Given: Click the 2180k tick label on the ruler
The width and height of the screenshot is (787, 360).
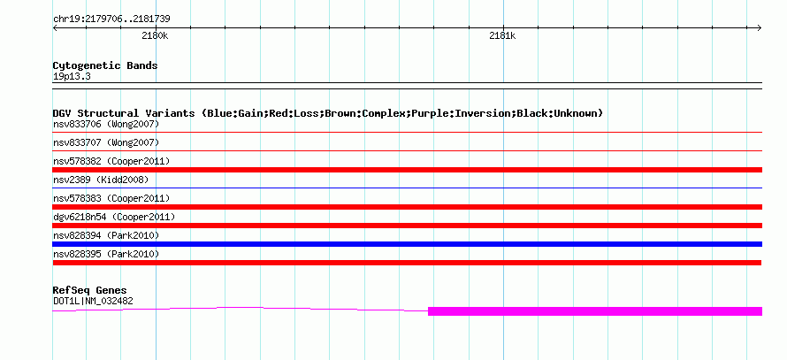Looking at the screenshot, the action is [155, 35].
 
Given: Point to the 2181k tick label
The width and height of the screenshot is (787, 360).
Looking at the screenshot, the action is [502, 35].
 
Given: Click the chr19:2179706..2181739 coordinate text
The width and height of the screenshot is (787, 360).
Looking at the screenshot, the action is [111, 19].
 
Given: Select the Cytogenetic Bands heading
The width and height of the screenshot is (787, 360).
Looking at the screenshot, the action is [105, 65].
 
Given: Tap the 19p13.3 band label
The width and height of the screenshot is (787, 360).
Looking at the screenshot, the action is [72, 77].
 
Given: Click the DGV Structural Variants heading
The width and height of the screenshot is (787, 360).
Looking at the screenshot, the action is [328, 113].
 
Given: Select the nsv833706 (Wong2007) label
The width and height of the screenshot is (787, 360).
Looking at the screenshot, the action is [106, 124].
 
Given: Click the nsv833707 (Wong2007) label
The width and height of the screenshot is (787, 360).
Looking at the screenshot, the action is [106, 142].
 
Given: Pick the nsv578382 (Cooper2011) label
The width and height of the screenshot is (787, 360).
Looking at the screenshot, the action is [111, 161].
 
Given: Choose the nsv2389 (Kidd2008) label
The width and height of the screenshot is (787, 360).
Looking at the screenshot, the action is [101, 180].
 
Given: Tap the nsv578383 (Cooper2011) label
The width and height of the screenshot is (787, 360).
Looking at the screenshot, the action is [111, 198].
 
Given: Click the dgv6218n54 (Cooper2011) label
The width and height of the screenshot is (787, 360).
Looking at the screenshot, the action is [114, 217].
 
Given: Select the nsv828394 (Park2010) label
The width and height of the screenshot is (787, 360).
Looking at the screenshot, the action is [106, 235].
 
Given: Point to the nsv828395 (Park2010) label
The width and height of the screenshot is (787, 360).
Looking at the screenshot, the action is [106, 254].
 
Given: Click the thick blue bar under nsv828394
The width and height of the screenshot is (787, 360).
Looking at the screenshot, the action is [407, 244].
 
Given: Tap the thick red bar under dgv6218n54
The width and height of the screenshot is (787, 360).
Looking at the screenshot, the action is [407, 226].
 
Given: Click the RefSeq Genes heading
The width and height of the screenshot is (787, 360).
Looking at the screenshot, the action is [90, 290].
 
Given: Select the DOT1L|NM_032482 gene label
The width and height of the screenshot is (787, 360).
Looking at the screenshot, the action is [93, 302].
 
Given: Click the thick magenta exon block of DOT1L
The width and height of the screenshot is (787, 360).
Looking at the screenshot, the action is [595, 311].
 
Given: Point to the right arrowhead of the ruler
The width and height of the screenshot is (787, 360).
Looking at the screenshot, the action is [760, 28].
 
